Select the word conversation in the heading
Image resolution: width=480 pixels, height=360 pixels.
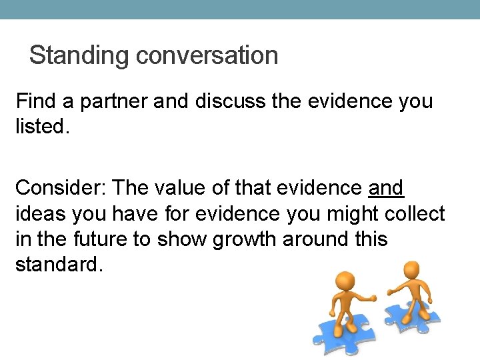tap(207, 55)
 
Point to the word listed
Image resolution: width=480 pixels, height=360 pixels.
tap(40, 125)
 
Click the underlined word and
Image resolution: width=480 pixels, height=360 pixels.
tap(386, 188)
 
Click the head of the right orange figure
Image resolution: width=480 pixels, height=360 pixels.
tap(412, 269)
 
